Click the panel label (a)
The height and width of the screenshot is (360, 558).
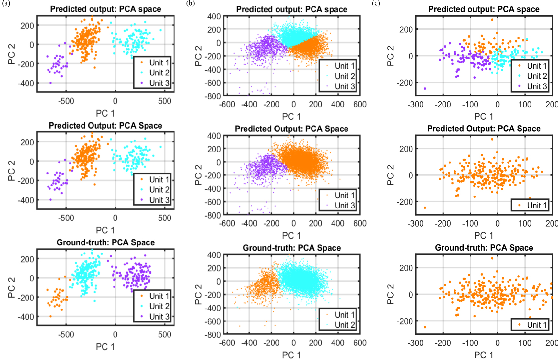click(6, 4)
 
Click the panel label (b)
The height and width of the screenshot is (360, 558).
click(191, 4)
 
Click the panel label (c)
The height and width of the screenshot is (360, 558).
click(376, 4)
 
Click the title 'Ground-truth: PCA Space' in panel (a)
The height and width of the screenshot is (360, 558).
click(105, 242)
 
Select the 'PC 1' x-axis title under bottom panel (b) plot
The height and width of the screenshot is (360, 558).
click(291, 355)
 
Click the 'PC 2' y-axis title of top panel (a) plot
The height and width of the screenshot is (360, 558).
click(12, 54)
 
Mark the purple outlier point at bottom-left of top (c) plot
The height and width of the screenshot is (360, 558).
click(425, 88)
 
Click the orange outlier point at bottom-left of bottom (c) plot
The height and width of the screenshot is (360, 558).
click(425, 327)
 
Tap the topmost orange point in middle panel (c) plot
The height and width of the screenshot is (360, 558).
click(492, 139)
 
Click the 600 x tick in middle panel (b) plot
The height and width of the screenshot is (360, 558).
click(360, 223)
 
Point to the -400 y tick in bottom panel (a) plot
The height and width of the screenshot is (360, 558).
click(26, 317)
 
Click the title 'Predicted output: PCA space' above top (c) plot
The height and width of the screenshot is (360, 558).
click(484, 9)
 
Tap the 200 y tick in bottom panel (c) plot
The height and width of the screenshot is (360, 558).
click(406, 268)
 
